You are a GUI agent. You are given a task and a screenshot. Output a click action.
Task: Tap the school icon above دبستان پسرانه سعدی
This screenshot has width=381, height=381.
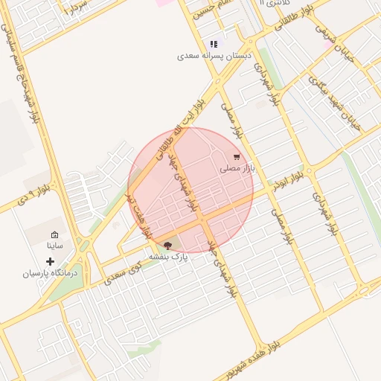pos(214,44)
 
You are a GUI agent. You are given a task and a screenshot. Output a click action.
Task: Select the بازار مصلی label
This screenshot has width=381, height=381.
pos(237,169)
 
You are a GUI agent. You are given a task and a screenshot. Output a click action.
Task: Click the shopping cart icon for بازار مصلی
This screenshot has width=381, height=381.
pos(237,157)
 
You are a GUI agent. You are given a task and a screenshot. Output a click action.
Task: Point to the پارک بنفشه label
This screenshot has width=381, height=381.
pos(169,256)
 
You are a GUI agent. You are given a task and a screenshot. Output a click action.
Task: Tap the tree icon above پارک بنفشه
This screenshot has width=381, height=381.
pos(168,245)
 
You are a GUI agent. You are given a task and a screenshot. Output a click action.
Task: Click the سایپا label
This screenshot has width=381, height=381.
pos(56,244)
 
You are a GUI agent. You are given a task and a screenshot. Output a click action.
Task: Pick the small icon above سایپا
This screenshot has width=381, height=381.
pos(54,234)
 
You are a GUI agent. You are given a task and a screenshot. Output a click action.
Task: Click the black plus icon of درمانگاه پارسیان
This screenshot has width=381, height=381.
pos(50,261)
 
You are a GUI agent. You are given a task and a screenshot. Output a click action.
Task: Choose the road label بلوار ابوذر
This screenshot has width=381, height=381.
pos(288,179)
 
